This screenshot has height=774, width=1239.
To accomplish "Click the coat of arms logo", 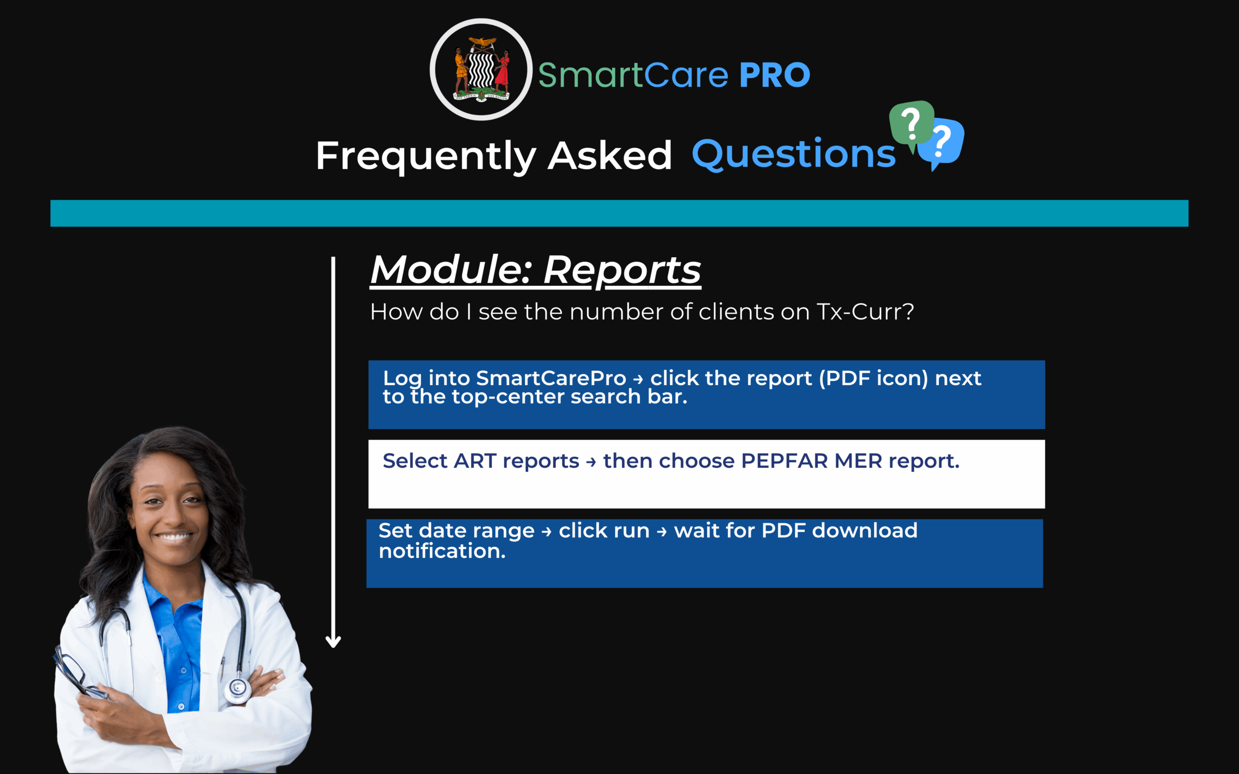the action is click(481, 70).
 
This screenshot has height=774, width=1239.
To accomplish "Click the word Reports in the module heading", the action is click(622, 270).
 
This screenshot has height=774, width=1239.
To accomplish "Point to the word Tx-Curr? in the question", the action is click(865, 312).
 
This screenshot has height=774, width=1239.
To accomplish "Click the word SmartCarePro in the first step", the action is click(551, 378).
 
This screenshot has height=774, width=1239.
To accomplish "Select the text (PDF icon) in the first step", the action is click(874, 378).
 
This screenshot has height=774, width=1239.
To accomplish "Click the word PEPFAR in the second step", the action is click(785, 461).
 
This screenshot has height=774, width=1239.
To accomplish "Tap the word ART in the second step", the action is click(475, 461).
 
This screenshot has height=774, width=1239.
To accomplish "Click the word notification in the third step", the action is click(442, 551).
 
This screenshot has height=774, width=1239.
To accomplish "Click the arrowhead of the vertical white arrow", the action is click(333, 642).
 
